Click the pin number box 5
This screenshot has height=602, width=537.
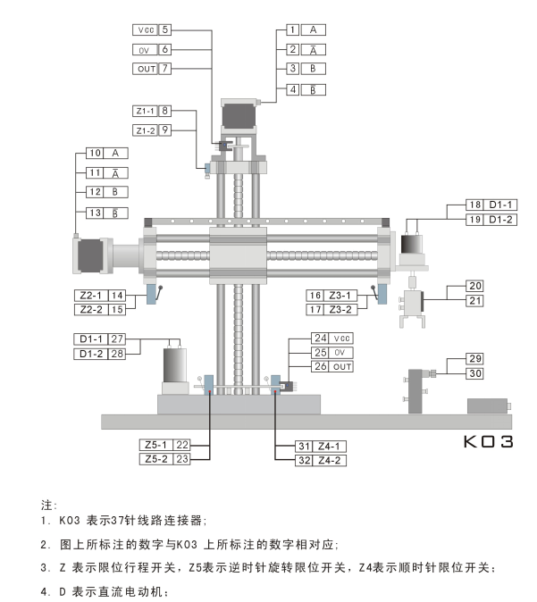[x=165, y=29]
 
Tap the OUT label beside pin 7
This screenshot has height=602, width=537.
[x=146, y=68]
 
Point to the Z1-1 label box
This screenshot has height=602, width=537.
[x=146, y=111]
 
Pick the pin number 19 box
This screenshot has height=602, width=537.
[x=476, y=219]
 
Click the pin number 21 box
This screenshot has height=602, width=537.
[x=476, y=300]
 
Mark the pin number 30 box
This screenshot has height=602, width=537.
[x=476, y=373]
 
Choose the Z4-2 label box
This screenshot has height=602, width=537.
[x=330, y=461]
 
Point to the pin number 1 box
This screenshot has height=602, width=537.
[x=292, y=29]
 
